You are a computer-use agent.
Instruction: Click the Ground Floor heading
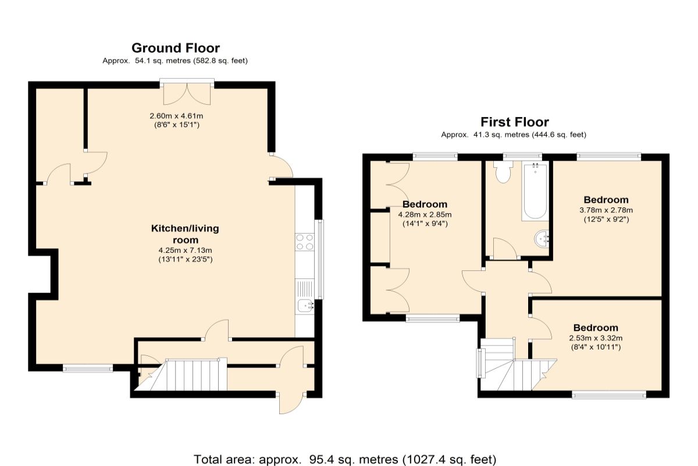click(x=176, y=48)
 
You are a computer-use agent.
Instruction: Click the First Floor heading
click(x=514, y=122)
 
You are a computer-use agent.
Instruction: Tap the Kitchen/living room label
click(x=185, y=234)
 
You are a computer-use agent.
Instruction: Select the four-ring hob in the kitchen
click(x=304, y=242)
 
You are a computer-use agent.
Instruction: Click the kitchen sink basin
click(x=305, y=305)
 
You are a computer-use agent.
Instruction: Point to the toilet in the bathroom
click(x=503, y=172)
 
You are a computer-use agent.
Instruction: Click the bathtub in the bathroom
click(x=535, y=190)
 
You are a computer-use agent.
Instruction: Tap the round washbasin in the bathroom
click(x=542, y=239)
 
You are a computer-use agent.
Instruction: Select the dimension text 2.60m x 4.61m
click(x=176, y=116)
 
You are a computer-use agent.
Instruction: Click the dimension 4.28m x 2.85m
click(x=425, y=215)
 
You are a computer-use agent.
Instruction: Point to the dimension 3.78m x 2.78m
click(x=606, y=210)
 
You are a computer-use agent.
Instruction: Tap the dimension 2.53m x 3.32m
click(x=596, y=338)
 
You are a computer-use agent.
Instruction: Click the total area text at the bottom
click(x=345, y=460)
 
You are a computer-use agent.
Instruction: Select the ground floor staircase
click(x=181, y=375)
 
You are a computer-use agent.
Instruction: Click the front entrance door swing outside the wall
click(x=290, y=405)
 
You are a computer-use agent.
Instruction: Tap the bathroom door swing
click(x=505, y=249)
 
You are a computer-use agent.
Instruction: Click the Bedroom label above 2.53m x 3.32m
click(x=596, y=328)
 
